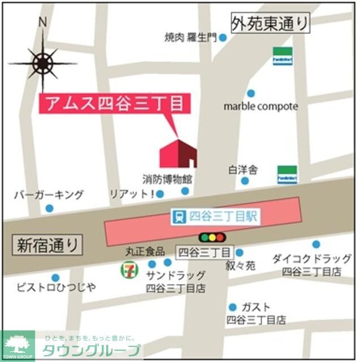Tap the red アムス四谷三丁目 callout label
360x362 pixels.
pyautogui.click(x=112, y=104)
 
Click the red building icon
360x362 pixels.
pyautogui.click(x=178, y=153)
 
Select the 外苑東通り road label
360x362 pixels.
pyautogui.click(x=271, y=23)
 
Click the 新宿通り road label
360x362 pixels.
pyautogui.click(x=47, y=245)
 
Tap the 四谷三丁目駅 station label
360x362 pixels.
pyautogui.click(x=215, y=216)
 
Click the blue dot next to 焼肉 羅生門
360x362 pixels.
pyautogui.click(x=223, y=38)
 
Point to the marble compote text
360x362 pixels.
pyautogui.click(x=260, y=106)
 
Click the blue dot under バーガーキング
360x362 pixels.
pyautogui.click(x=49, y=208)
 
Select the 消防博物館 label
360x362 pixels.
pyautogui.click(x=167, y=179)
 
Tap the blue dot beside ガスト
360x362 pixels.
pyautogui.click(x=232, y=307)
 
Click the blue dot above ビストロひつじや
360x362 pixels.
pyautogui.click(x=55, y=278)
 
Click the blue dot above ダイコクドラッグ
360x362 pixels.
pyautogui.click(x=316, y=244)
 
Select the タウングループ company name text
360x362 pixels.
pyautogui.click(x=90, y=349)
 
